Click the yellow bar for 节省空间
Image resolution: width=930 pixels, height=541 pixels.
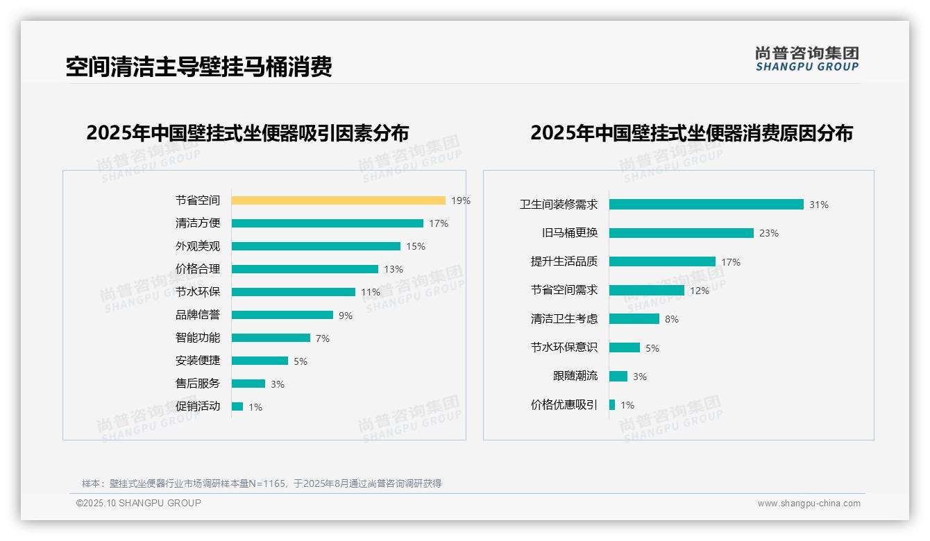click(x=338, y=200)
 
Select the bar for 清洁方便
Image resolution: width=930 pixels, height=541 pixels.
click(x=327, y=223)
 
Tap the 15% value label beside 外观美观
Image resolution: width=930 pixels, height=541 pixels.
click(x=416, y=246)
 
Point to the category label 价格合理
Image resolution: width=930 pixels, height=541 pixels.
click(x=198, y=269)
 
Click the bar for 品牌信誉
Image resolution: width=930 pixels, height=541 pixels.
click(x=282, y=315)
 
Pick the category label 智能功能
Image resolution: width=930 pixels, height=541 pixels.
click(x=198, y=338)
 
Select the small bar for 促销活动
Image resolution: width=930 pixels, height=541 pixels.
click(x=237, y=406)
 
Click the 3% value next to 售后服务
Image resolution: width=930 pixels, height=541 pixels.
click(x=278, y=384)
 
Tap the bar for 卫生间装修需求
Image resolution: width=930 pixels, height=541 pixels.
click(x=706, y=205)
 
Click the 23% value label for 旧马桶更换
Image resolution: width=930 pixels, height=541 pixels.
click(x=768, y=233)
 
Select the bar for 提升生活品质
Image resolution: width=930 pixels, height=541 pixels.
click(x=662, y=261)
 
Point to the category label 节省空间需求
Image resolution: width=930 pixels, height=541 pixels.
click(x=564, y=290)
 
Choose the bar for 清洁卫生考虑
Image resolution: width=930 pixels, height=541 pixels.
click(x=634, y=319)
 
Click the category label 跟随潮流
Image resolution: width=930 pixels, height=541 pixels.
click(x=575, y=376)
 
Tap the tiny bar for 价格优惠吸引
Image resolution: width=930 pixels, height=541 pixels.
click(x=612, y=405)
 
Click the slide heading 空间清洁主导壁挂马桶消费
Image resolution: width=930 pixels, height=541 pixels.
click(x=198, y=67)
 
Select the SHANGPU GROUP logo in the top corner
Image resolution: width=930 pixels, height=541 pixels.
click(x=806, y=59)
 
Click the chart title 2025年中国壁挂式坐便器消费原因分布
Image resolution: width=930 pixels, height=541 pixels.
click(x=691, y=132)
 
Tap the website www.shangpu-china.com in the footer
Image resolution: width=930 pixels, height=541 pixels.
click(x=809, y=504)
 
